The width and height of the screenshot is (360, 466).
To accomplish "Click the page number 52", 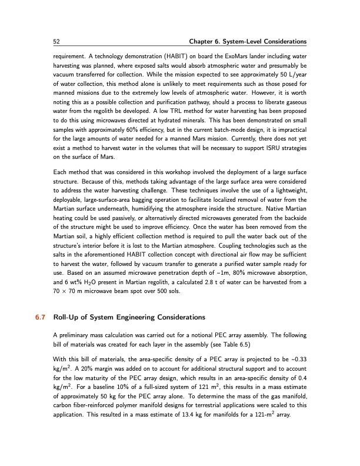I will (56, 41).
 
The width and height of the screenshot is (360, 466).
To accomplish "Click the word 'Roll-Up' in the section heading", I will (65, 317).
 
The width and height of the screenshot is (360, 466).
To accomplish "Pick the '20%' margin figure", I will (81, 370).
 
